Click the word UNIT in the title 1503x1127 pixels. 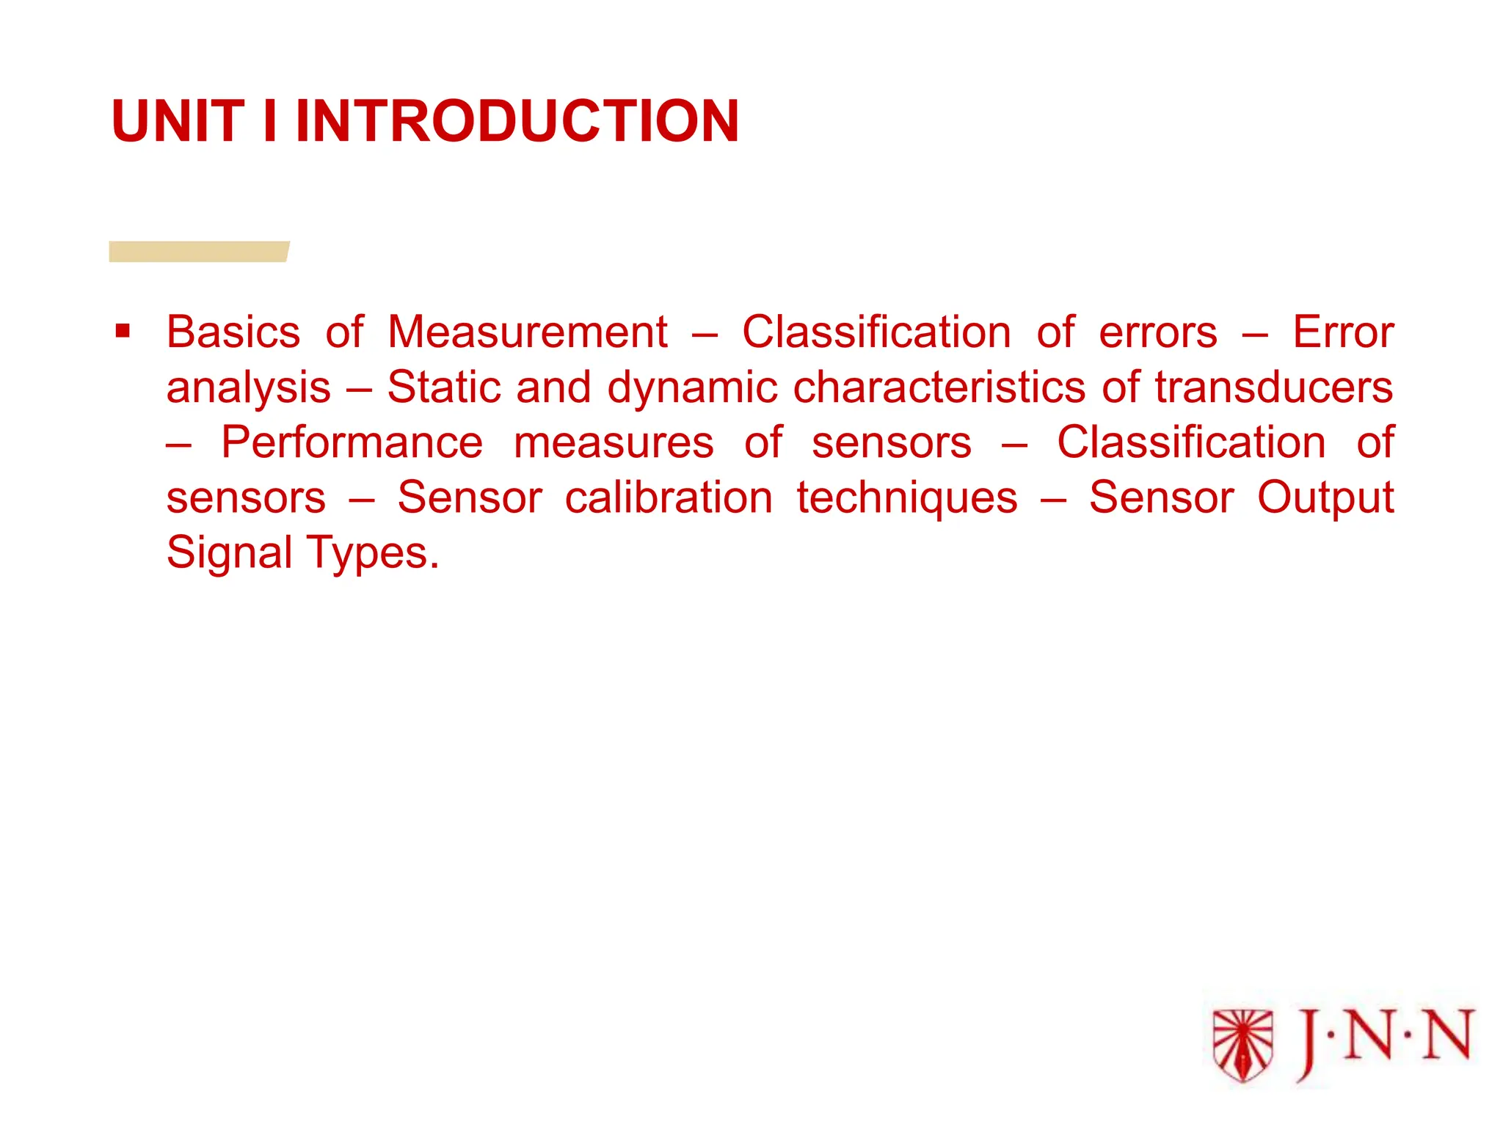(x=178, y=121)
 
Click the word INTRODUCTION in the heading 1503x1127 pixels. (x=517, y=121)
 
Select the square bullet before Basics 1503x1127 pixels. (x=123, y=331)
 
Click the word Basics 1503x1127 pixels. (x=233, y=332)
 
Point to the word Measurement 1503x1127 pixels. (x=527, y=332)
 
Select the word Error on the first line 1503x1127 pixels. (x=1342, y=332)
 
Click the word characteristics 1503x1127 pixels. (x=939, y=387)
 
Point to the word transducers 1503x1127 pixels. (x=1273, y=387)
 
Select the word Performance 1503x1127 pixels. (x=352, y=443)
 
